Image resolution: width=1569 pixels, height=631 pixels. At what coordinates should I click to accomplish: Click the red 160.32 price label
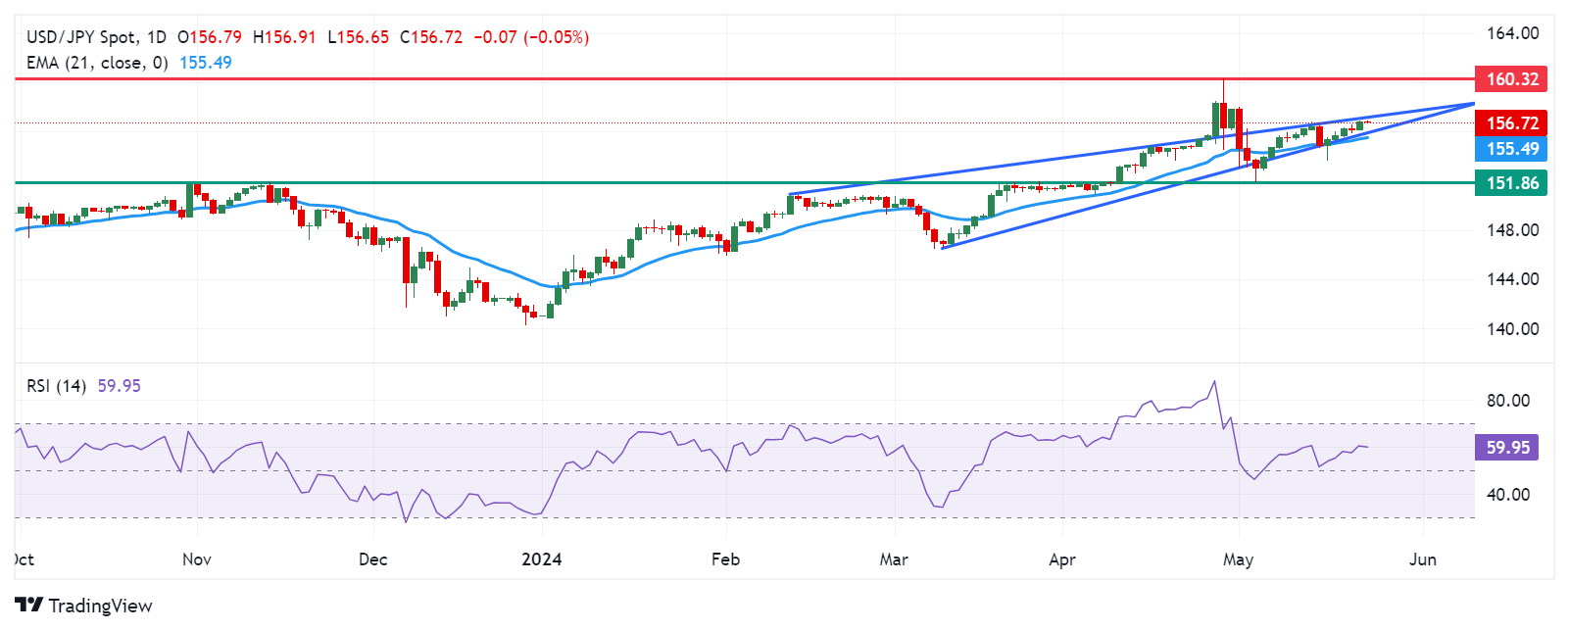pyautogui.click(x=1511, y=79)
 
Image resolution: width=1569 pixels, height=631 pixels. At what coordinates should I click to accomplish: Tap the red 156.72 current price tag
pyautogui.click(x=1511, y=122)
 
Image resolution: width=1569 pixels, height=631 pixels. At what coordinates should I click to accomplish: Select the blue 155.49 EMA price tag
pyautogui.click(x=1511, y=149)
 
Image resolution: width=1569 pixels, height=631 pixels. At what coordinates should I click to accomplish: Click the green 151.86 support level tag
pyautogui.click(x=1511, y=183)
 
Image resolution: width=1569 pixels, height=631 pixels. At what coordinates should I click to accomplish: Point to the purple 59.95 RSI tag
pyautogui.click(x=1507, y=448)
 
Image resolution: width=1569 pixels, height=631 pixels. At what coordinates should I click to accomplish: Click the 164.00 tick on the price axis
pyautogui.click(x=1512, y=33)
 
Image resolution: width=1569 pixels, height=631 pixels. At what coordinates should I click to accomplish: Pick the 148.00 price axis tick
pyautogui.click(x=1512, y=230)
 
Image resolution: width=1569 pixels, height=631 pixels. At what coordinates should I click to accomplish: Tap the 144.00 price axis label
pyautogui.click(x=1512, y=279)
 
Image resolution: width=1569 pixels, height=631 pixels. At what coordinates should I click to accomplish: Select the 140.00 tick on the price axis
pyautogui.click(x=1512, y=329)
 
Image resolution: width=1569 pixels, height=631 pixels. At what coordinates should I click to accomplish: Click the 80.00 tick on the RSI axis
pyautogui.click(x=1507, y=401)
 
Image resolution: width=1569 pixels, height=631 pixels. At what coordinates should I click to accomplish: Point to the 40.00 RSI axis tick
pyautogui.click(x=1507, y=495)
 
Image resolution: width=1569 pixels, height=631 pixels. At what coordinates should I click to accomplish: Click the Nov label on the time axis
pyautogui.click(x=197, y=559)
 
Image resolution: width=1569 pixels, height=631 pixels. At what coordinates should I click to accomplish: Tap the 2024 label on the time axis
pyautogui.click(x=541, y=559)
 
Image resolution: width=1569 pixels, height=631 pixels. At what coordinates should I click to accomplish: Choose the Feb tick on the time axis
pyautogui.click(x=725, y=559)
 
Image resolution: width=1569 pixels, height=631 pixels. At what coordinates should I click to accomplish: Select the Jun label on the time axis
pyautogui.click(x=1422, y=559)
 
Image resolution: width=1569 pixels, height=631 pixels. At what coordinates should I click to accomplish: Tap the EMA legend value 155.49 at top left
pyautogui.click(x=206, y=63)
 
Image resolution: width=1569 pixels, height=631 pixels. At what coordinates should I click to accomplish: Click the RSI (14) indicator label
pyautogui.click(x=57, y=386)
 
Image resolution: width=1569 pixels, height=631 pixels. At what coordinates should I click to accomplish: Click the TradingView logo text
pyautogui.click(x=100, y=607)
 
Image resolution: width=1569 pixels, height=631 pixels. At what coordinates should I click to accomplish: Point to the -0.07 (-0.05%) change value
pyautogui.click(x=531, y=37)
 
